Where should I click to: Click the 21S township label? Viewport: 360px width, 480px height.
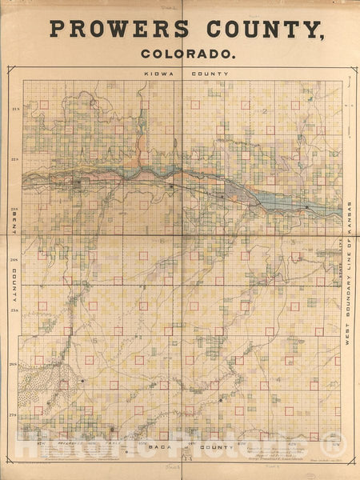tap(15, 108)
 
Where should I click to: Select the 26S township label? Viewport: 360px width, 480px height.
tap(15, 364)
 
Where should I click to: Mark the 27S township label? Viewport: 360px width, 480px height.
tap(15, 414)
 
